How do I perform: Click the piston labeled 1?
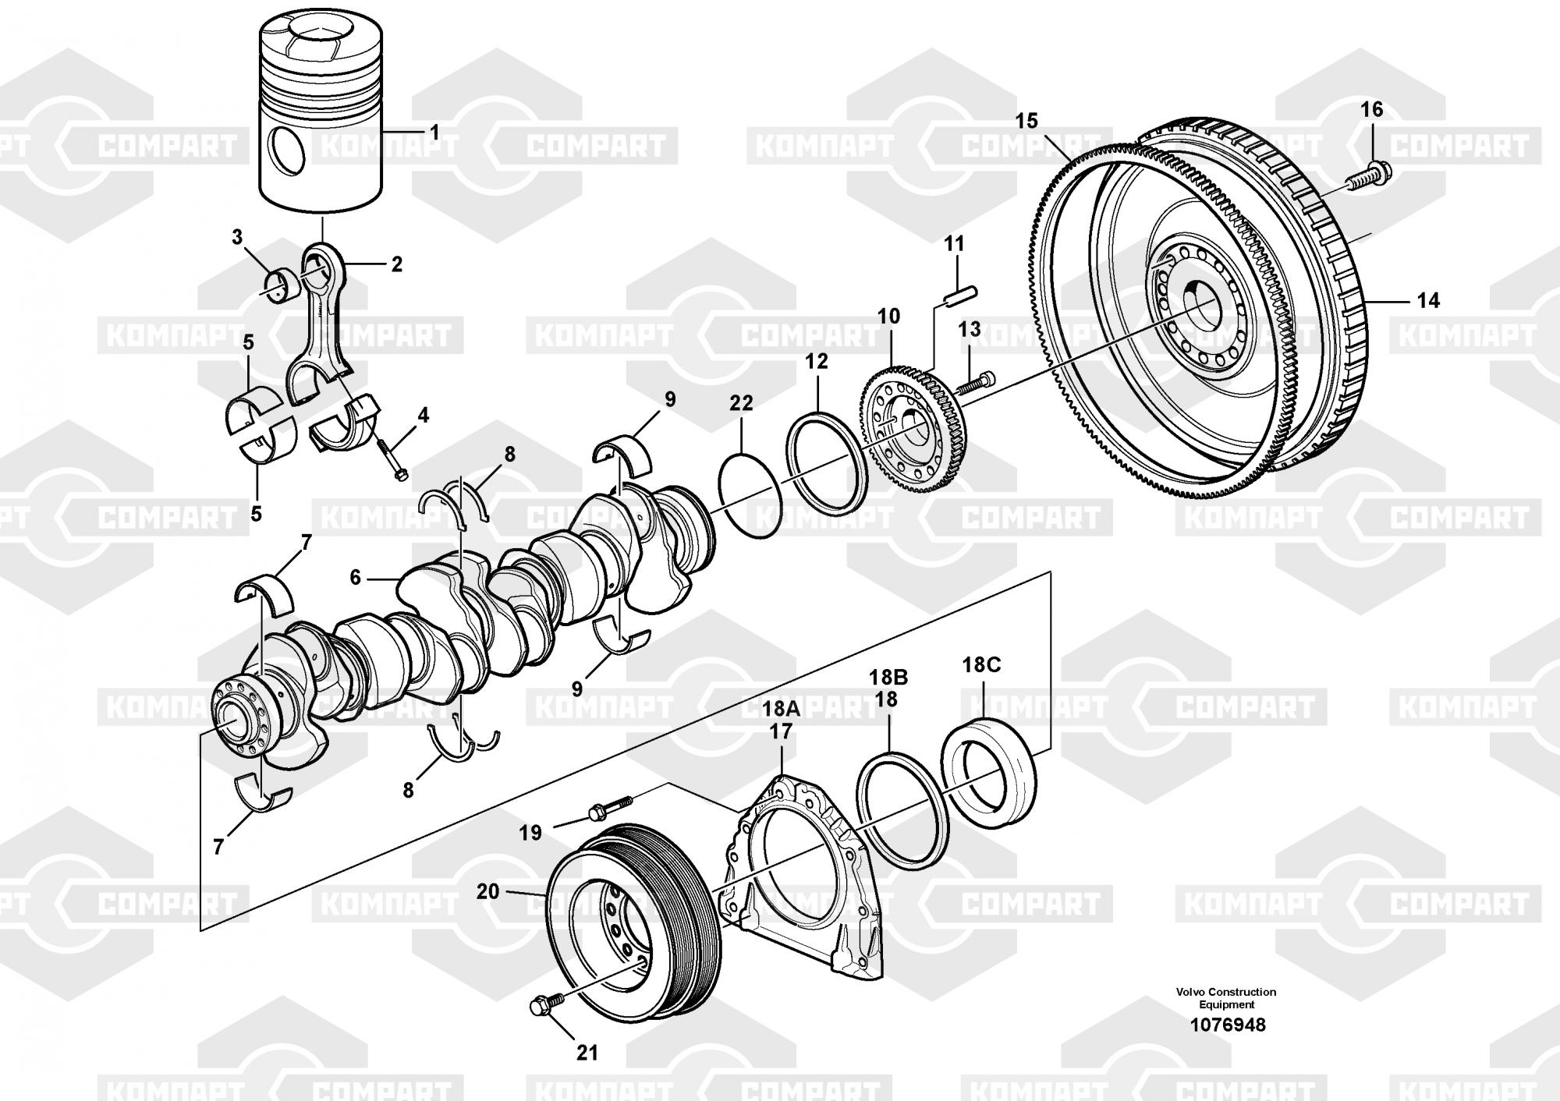pos(321,117)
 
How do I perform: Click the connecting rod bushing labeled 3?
pos(282,285)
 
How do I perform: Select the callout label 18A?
pos(781,709)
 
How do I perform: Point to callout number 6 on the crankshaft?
pos(356,578)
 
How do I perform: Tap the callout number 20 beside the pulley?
pos(487,890)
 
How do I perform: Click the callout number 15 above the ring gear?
pos(1026,122)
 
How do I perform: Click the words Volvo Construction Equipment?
pos(1226,998)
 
